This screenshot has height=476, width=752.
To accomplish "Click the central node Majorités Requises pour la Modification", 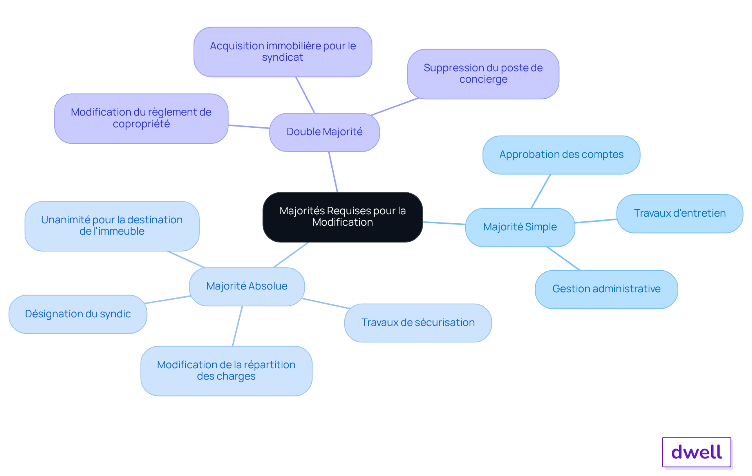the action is click(343, 217).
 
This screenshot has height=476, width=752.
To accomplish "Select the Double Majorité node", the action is click(324, 132).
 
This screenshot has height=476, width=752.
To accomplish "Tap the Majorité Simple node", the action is click(520, 227).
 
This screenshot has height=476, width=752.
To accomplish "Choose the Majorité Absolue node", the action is click(247, 286).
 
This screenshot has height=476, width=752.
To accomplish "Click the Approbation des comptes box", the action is click(561, 155).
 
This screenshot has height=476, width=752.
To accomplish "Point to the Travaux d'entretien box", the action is click(680, 214).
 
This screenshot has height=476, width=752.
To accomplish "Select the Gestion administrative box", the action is click(606, 289).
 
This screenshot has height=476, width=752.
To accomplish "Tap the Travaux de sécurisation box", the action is click(418, 323).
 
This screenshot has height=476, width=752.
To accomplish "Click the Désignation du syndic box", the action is click(78, 314).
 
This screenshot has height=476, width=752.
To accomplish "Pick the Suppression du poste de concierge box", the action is click(483, 74).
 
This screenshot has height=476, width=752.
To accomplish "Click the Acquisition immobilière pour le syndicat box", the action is click(283, 52).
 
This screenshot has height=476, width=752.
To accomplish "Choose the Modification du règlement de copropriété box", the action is click(141, 118).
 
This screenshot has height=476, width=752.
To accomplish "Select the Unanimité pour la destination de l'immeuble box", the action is click(112, 226).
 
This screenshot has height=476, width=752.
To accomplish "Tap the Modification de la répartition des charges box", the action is click(226, 371).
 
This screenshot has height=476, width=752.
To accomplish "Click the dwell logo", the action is click(696, 452).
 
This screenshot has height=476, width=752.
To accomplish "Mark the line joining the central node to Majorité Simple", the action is click(444, 223).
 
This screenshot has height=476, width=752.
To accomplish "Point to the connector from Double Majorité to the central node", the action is click(333, 172).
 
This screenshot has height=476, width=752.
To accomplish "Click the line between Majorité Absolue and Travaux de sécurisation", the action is click(325, 304).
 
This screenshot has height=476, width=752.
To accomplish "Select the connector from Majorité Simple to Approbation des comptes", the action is click(541, 191).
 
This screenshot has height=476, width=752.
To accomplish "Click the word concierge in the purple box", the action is click(483, 80).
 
